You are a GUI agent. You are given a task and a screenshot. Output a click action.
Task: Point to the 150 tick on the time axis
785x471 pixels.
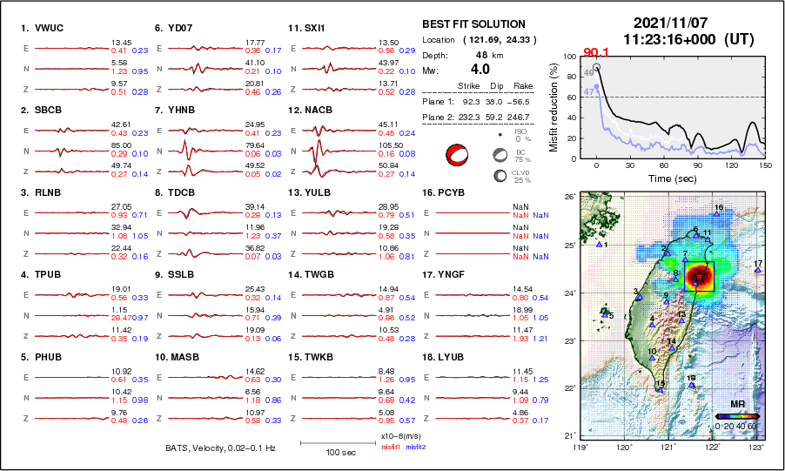(765, 165)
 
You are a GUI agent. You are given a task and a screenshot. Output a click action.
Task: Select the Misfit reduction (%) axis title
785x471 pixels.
(554, 107)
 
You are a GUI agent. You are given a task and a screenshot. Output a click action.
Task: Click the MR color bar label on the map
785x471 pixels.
(735, 405)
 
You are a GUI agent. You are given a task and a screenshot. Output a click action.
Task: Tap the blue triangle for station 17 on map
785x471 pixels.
(758, 271)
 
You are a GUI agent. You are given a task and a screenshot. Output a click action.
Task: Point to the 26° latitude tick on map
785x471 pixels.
(567, 198)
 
